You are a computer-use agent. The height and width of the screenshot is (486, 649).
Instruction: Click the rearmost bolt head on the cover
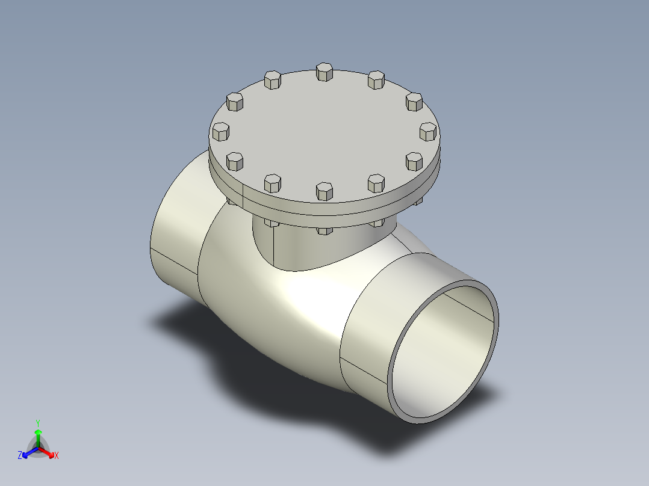click(324, 72)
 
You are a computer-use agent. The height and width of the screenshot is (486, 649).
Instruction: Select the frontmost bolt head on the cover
click(324, 191)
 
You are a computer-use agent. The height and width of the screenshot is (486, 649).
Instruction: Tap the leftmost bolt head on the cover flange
click(221, 132)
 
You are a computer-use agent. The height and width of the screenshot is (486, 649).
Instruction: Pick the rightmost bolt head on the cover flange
click(428, 131)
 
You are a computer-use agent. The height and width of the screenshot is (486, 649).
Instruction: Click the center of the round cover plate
click(324, 132)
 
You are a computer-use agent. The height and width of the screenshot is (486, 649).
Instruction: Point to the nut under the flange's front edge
click(324, 230)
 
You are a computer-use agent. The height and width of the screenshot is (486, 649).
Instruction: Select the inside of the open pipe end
click(442, 355)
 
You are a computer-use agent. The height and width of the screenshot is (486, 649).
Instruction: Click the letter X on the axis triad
click(57, 455)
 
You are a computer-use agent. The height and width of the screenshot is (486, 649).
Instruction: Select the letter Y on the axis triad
click(38, 422)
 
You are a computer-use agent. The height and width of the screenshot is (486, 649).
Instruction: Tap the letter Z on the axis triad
click(20, 455)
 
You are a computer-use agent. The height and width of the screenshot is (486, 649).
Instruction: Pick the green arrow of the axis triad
click(38, 434)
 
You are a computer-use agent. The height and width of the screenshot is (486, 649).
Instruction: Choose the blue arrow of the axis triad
click(28, 452)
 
